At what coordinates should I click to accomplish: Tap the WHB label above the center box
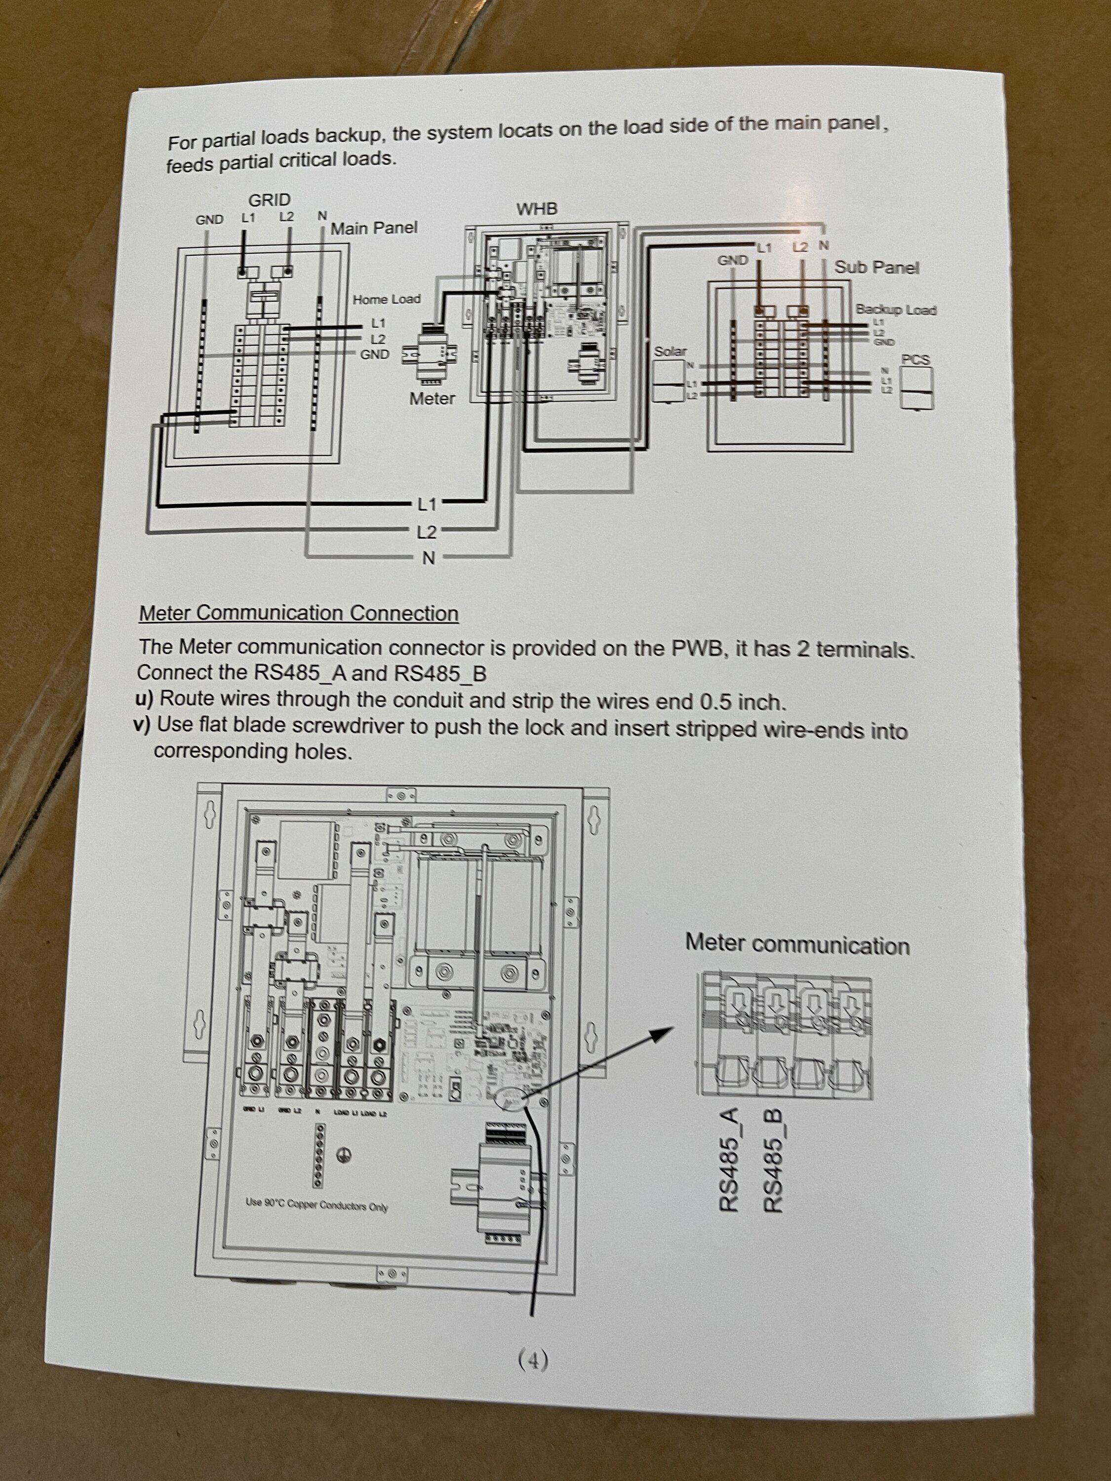pyautogui.click(x=536, y=209)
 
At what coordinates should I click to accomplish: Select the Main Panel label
pyautogui.click(x=374, y=228)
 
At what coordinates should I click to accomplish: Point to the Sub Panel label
pyautogui.click(x=876, y=267)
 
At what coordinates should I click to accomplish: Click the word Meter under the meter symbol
pyautogui.click(x=432, y=398)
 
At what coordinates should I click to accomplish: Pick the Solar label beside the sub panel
pyautogui.click(x=670, y=351)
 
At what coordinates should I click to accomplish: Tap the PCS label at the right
pyautogui.click(x=915, y=359)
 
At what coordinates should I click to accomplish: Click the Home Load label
pyautogui.click(x=387, y=299)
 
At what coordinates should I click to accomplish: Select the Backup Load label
pyautogui.click(x=895, y=310)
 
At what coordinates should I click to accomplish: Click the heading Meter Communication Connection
pyautogui.click(x=299, y=613)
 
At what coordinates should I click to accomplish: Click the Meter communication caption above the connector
pyautogui.click(x=797, y=944)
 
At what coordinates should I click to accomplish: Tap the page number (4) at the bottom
pyautogui.click(x=533, y=1360)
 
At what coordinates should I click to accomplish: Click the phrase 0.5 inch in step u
pyautogui.click(x=741, y=702)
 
